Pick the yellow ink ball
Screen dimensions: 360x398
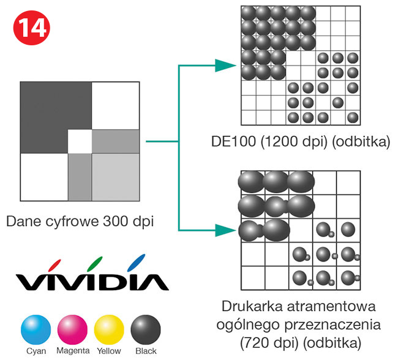(109, 329)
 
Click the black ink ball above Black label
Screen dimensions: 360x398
(146, 329)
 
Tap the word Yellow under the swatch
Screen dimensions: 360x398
(109, 351)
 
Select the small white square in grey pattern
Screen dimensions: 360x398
(79, 141)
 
